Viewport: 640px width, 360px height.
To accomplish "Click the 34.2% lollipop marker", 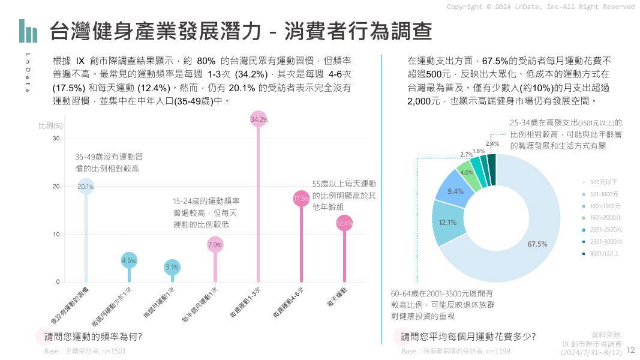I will click(259, 119).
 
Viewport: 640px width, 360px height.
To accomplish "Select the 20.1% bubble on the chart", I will click(86, 187).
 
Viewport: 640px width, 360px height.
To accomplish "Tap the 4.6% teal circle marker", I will click(129, 260).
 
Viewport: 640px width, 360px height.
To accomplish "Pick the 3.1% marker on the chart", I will click(172, 267).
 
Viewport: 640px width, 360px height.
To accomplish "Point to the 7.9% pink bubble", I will click(215, 244).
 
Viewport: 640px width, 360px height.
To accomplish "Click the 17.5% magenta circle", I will click(301, 199).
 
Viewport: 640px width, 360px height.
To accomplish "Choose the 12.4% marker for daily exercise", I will click(344, 223).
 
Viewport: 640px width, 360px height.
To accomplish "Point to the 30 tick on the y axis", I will click(56, 139).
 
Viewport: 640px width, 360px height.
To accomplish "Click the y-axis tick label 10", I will click(56, 235).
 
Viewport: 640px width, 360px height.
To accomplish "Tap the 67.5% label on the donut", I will click(537, 244).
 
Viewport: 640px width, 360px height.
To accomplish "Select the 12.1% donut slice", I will click(447, 223).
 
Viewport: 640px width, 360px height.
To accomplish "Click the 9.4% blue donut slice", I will click(455, 191).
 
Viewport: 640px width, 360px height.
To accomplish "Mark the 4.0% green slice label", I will click(467, 173).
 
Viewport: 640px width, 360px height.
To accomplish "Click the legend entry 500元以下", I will click(603, 182).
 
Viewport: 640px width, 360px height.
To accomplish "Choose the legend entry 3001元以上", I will click(605, 254).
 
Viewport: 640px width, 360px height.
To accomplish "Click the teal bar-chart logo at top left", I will click(28, 31).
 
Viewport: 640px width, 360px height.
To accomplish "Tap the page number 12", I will click(630, 350).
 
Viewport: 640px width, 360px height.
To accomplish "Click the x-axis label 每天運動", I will click(337, 298).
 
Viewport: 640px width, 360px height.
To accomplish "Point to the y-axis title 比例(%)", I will click(51, 126).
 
